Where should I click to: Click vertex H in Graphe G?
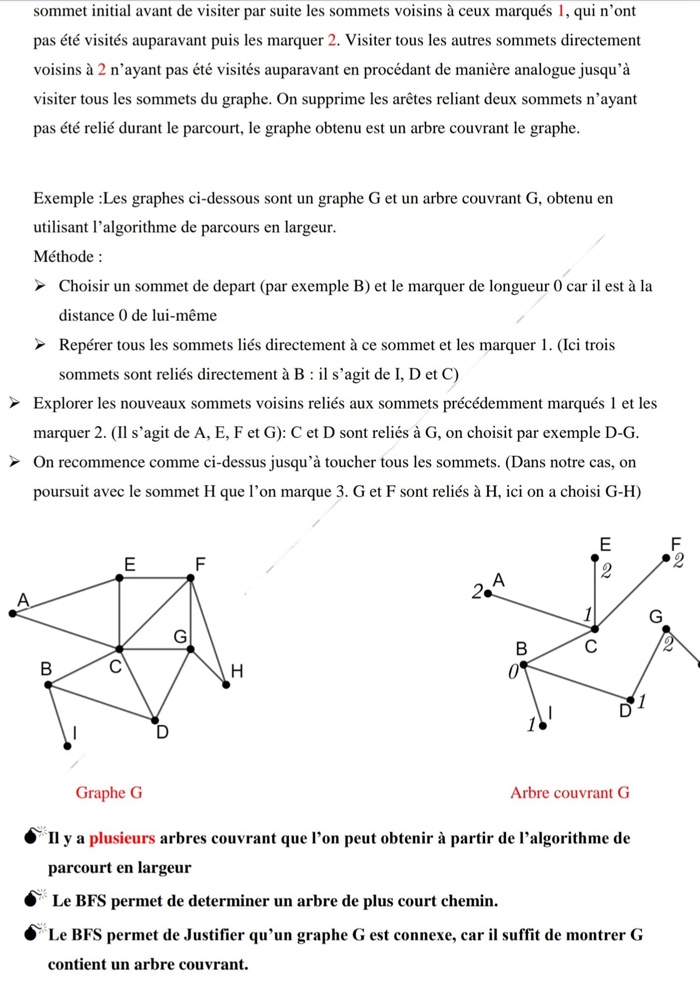click(226, 684)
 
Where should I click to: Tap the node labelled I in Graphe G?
click(67, 746)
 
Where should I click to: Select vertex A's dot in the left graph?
click(12, 613)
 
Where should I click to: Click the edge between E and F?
click(155, 578)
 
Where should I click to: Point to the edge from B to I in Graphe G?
click(58, 715)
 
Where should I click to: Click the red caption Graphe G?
click(109, 792)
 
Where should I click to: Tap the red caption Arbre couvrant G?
click(569, 792)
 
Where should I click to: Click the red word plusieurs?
click(122, 838)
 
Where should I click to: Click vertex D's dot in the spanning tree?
click(630, 700)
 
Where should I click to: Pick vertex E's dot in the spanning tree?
click(594, 558)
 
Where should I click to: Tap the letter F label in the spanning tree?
click(676, 543)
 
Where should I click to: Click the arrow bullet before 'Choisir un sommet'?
click(39, 286)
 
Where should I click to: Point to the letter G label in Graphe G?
click(180, 637)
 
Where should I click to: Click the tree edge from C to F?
click(630, 593)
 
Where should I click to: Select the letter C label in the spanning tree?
click(591, 647)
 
